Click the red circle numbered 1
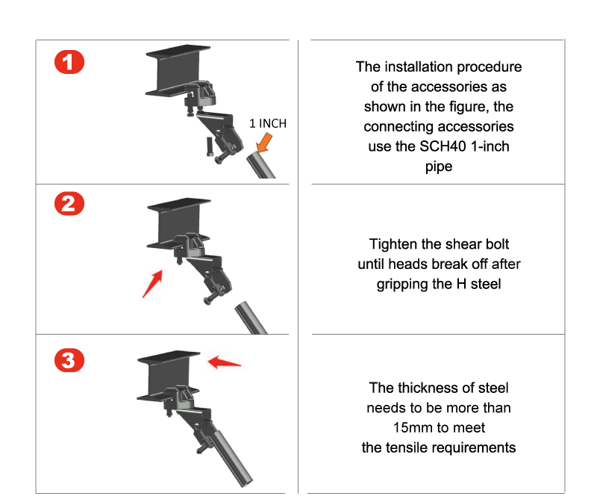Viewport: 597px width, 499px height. (x=69, y=62)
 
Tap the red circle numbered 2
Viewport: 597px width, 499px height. (x=69, y=204)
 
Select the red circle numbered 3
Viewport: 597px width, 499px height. (x=69, y=360)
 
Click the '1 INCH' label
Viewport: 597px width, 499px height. (x=268, y=123)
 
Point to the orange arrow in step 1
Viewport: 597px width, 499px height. (x=264, y=143)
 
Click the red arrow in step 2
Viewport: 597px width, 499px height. (x=153, y=284)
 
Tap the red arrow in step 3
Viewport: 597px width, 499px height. (x=225, y=362)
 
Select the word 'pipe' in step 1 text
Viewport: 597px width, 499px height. (x=439, y=167)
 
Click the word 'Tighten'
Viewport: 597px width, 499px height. (x=394, y=244)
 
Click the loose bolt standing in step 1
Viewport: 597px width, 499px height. (x=210, y=146)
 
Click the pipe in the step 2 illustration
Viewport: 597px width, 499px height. (x=250, y=318)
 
